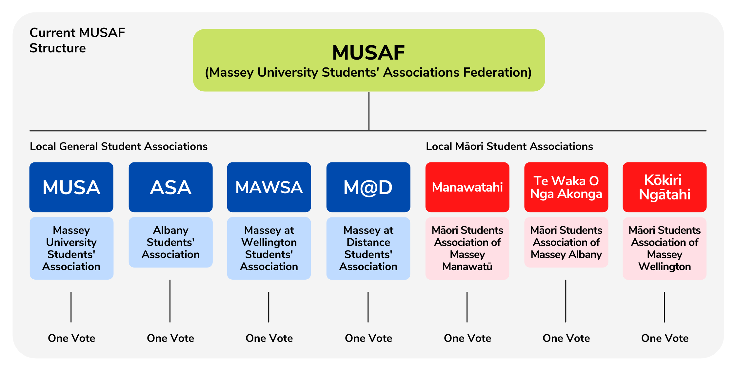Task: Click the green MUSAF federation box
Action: tap(369, 60)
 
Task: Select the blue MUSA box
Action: tap(71, 187)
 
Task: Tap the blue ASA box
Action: tap(170, 187)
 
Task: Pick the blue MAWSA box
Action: tap(269, 187)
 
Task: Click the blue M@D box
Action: tap(368, 187)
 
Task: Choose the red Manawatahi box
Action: tap(467, 187)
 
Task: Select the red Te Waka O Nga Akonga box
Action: tap(566, 187)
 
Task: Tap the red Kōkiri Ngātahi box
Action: tap(665, 187)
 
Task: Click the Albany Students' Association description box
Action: tap(170, 242)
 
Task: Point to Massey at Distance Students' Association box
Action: tap(368, 248)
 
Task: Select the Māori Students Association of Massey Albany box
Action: tap(566, 242)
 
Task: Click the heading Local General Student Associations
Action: tap(119, 146)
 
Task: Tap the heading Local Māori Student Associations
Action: tap(509, 146)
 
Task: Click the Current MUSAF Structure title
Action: tap(77, 40)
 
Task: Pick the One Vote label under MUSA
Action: tap(71, 338)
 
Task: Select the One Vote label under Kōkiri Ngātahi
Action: tap(665, 338)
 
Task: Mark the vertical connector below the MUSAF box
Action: tap(369, 111)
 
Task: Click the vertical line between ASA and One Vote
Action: tap(170, 301)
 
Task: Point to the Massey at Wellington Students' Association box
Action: tap(269, 248)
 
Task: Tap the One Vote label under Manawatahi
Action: tap(467, 338)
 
